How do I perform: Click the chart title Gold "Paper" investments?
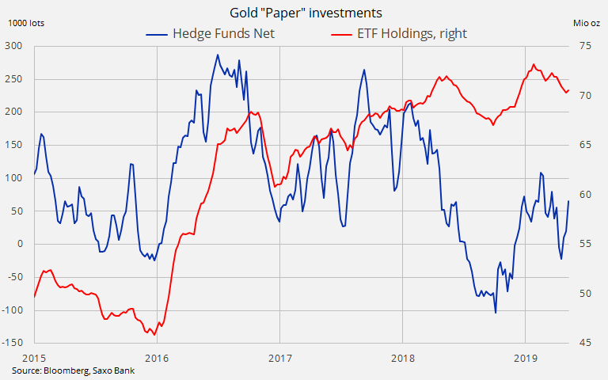[304, 13]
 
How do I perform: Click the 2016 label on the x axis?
[157, 356]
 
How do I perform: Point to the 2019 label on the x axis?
[526, 356]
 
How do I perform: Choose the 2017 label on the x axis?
[279, 356]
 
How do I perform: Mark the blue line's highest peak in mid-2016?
[218, 55]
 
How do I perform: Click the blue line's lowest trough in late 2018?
[496, 313]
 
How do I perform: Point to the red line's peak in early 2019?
[534, 64]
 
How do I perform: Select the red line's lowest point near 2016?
[154, 334]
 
